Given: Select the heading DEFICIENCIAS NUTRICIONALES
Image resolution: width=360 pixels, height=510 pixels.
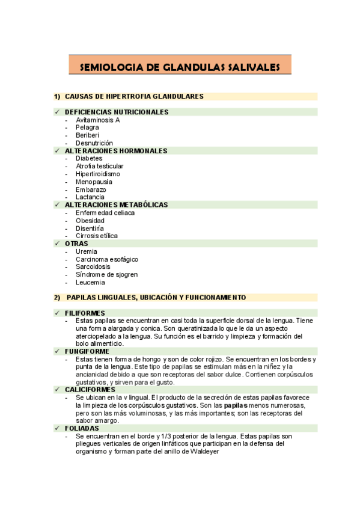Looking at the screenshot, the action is tap(117, 112).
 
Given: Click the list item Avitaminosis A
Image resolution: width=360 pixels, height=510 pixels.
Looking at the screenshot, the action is tap(98, 120).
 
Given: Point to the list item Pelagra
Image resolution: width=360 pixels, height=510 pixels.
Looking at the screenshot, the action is tap(88, 127).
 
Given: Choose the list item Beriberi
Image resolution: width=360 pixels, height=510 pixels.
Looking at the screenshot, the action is tap(88, 135).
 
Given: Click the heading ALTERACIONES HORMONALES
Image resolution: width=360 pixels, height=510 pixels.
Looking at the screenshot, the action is tap(116, 151).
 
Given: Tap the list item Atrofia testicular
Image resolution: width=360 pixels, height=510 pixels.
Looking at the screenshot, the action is tap(100, 166).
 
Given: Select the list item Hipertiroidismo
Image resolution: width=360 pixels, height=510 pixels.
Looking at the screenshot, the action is tap(98, 174).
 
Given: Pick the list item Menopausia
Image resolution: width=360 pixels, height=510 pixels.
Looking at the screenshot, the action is tap(94, 182).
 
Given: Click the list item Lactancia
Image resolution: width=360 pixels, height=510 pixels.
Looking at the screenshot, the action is tap(90, 197).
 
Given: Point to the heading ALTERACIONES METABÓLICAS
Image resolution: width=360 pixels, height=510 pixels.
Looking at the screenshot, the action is tap(116, 204).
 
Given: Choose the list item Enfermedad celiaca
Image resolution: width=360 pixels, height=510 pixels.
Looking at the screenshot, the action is tap(105, 212).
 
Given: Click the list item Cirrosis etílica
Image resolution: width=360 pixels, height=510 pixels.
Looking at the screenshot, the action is tap(97, 236).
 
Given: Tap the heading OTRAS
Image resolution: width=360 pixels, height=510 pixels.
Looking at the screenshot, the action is tap(76, 244).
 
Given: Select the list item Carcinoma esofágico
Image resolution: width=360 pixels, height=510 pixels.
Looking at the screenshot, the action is tap(107, 259).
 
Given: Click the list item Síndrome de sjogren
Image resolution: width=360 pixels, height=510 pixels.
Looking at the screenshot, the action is tap(106, 274).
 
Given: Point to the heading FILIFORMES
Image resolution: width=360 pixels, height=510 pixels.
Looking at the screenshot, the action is tap(85, 313).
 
